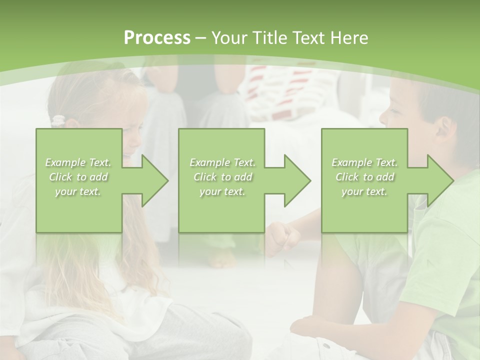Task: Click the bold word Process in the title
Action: click(157, 38)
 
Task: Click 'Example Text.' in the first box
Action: click(78, 162)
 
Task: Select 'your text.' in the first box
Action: click(78, 191)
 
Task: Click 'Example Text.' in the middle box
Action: click(222, 162)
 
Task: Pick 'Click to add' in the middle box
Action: click(222, 177)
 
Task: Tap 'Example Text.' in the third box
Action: click(364, 162)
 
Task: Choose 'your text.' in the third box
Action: click(364, 191)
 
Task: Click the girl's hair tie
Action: click(59, 120)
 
